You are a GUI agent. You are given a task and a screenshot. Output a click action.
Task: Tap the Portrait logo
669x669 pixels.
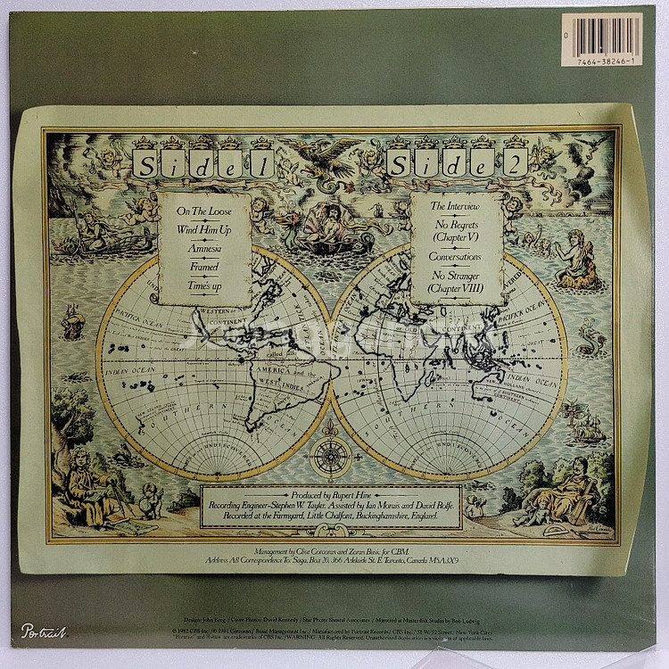coord(44,631)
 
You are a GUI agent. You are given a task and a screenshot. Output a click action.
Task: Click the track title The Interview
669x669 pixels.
coord(456,206)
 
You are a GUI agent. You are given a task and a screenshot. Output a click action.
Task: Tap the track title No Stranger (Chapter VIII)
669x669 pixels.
coord(456,284)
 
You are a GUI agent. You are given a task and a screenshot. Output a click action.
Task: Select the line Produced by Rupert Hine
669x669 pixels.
coord(330,494)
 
